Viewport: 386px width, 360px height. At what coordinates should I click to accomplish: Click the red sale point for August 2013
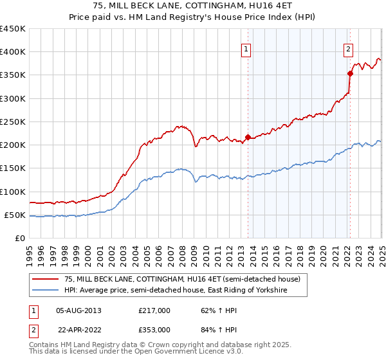[x=248, y=137]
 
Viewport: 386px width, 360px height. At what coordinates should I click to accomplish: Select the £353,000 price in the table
[x=154, y=329]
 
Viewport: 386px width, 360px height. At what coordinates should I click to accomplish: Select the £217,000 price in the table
[x=154, y=310]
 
